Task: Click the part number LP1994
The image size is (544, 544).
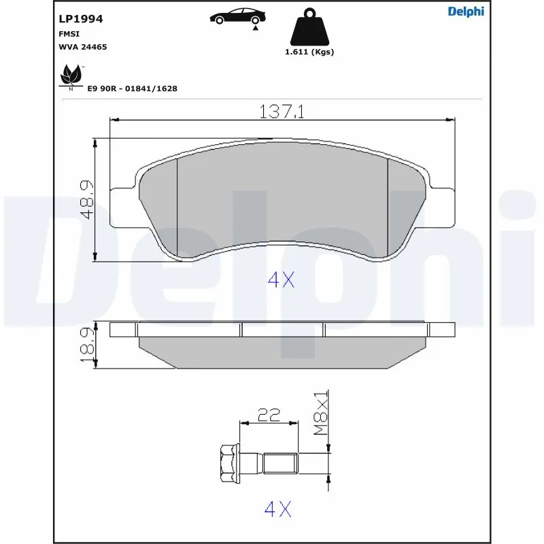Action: [81, 19]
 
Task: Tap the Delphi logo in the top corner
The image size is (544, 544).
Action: [466, 12]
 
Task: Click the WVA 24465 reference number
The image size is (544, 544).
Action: [83, 47]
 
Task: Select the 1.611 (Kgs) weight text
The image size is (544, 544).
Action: [309, 52]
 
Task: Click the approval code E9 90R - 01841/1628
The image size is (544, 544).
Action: [132, 88]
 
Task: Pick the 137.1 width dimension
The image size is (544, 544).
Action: [282, 111]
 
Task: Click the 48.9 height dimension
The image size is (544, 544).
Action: [86, 199]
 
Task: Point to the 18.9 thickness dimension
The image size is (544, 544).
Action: [86, 344]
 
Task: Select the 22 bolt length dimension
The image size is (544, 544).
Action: [270, 415]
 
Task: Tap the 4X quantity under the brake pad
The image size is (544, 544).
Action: [280, 279]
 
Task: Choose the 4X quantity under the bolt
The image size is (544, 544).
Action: [277, 509]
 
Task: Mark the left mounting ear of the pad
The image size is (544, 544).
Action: [122, 206]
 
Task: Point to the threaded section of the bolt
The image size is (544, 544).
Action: [280, 464]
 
